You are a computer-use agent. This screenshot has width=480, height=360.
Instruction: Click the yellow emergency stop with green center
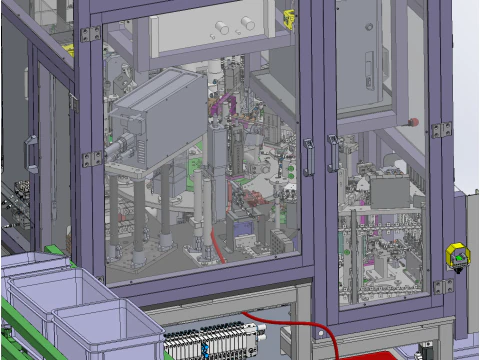pos(458,256)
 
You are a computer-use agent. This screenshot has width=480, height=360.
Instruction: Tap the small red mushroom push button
pos(414,121)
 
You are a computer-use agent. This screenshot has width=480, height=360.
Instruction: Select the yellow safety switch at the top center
pos(289,17)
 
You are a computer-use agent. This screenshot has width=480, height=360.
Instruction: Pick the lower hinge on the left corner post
pos(92,158)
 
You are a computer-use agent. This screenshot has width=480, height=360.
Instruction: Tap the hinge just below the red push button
pos(440,130)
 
